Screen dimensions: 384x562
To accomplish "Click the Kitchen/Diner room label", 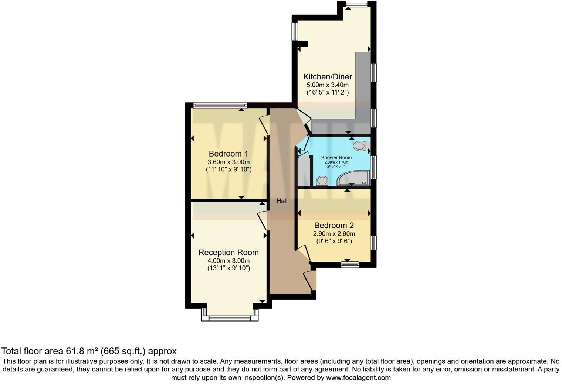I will [x=327, y=77].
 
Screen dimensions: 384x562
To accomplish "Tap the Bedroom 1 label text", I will [x=228, y=154].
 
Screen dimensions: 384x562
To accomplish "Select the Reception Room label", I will [x=228, y=253].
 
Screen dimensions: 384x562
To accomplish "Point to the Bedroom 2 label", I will [x=334, y=225].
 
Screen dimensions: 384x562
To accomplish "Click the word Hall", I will [x=282, y=201].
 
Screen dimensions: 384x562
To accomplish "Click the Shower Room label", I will [x=336, y=158].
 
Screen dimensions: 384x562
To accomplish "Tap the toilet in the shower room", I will [x=361, y=146].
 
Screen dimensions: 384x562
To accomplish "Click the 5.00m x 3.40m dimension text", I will [x=327, y=85].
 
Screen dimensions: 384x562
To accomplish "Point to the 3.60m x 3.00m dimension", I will [x=228, y=162].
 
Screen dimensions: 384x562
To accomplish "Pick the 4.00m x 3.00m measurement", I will [x=228, y=261].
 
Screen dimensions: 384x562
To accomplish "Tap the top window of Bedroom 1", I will [x=220, y=105].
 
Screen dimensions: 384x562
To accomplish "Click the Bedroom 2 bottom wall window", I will [x=350, y=264].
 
